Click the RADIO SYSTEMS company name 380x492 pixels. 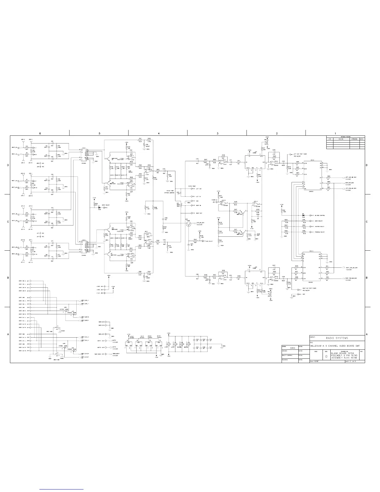[x=337, y=338]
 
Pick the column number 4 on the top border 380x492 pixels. [x=159, y=133]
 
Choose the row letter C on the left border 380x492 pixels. [x=8, y=222]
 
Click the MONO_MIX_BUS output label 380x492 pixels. [x=351, y=183]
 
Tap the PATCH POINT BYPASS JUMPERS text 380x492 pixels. [x=172, y=192]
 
